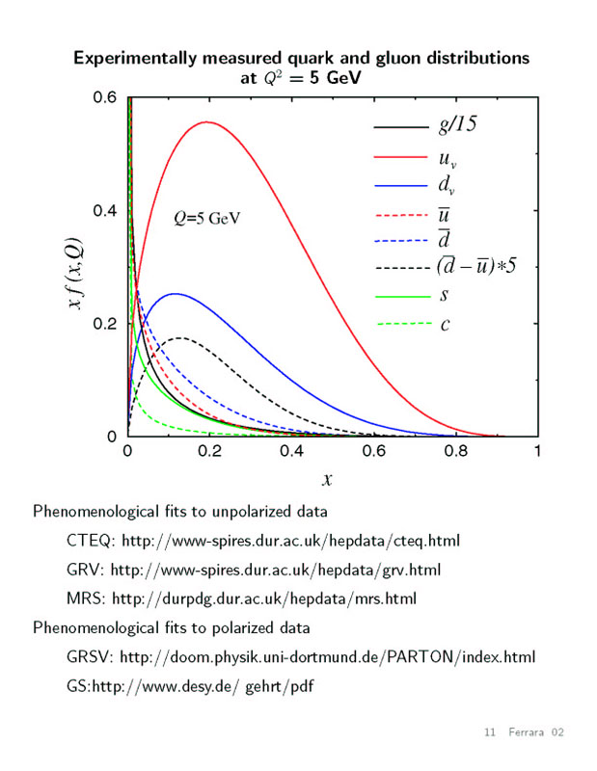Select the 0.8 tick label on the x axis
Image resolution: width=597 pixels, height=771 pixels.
pos(454,452)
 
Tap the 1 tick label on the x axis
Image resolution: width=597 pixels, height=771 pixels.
pos(536,452)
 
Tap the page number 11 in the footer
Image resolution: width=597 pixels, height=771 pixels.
pos(489,734)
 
